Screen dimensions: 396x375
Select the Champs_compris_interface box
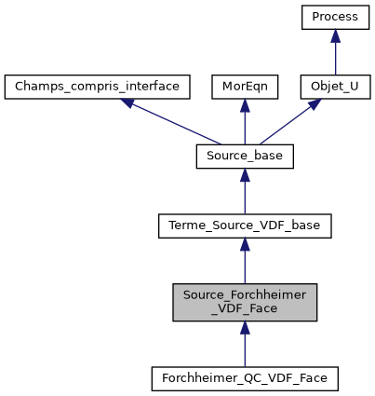pyautogui.click(x=98, y=88)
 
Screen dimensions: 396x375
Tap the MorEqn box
pyautogui.click(x=245, y=88)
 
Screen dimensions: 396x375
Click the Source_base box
pyautogui.click(x=245, y=157)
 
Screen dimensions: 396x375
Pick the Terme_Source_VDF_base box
pyautogui.click(x=245, y=226)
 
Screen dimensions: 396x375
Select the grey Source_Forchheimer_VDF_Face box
pyautogui.click(x=245, y=303)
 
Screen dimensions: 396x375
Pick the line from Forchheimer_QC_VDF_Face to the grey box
pyautogui.click(x=245, y=349)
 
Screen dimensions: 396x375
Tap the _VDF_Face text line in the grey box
pyautogui.click(x=245, y=311)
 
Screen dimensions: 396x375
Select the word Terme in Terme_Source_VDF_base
pyautogui.click(x=186, y=226)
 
